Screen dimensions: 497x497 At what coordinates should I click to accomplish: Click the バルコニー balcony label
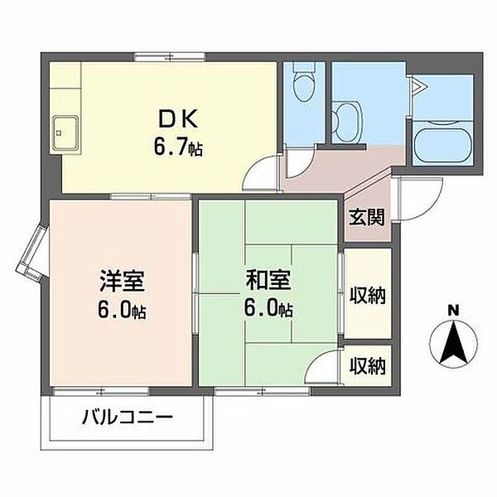point(127,417)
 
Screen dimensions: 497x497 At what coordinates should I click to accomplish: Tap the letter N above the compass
point(452,310)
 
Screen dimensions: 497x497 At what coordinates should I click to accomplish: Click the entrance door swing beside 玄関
point(411,200)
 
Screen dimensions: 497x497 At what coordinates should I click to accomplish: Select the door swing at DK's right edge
point(264,173)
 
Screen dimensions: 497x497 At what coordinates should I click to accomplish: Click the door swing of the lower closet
point(331,365)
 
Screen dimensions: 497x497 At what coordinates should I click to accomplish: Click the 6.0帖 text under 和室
point(268,311)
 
